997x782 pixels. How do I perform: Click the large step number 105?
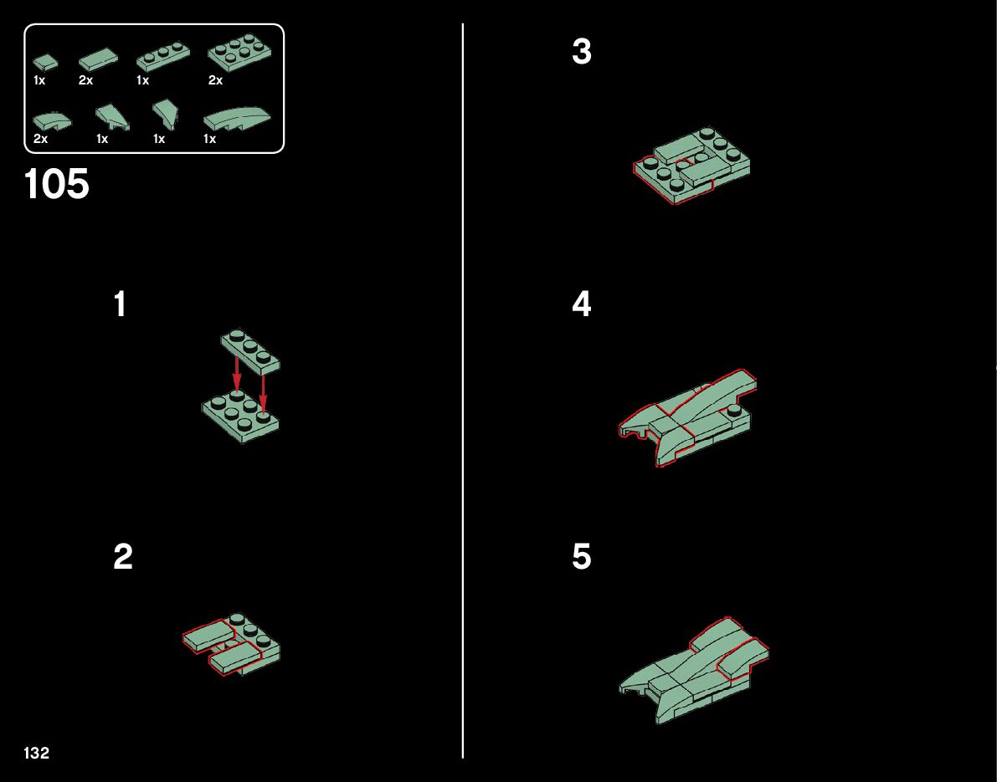point(57,184)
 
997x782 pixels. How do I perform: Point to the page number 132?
point(36,753)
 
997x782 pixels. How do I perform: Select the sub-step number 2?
point(123,556)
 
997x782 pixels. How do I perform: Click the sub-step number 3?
point(581,52)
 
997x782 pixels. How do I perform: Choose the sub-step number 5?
point(581,556)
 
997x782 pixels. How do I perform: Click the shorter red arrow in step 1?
point(237,375)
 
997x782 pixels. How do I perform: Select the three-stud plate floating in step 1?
point(250,350)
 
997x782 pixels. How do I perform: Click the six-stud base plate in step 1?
point(241,417)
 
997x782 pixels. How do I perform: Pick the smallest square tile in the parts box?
point(45,62)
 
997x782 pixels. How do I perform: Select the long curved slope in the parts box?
point(237,119)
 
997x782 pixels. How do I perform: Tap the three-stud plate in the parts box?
point(162,57)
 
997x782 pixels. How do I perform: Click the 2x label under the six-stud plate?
point(215,80)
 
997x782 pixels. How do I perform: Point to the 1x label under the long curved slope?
point(209,139)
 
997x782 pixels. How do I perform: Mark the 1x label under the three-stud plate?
point(142,80)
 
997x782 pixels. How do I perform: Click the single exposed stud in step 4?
point(734,410)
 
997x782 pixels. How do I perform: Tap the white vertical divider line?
point(463,391)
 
